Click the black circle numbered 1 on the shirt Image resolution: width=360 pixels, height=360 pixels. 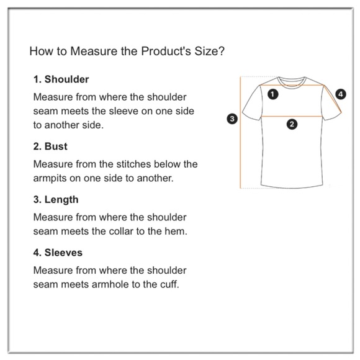pyautogui.click(x=272, y=94)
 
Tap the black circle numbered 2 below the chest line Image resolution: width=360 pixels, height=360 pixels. pyautogui.click(x=292, y=124)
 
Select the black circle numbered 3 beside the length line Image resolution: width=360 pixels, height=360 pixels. pyautogui.click(x=232, y=119)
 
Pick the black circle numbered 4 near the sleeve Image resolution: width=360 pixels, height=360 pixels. pyautogui.click(x=341, y=94)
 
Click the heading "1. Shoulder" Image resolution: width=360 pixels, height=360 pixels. pyautogui.click(x=61, y=79)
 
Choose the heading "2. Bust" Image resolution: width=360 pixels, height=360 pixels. pyautogui.click(x=50, y=146)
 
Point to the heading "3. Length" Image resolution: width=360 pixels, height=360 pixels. pyautogui.click(x=56, y=199)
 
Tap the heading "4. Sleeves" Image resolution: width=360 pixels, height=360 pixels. pyautogui.click(x=58, y=253)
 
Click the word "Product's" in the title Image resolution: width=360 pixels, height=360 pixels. pyautogui.click(x=166, y=51)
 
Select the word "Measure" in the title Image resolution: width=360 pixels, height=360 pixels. pyautogui.click(x=94, y=51)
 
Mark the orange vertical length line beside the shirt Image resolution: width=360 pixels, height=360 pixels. pyautogui.click(x=240, y=132)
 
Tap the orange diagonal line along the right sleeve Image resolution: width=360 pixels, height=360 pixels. pyautogui.click(x=333, y=99)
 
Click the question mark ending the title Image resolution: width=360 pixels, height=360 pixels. pyautogui.click(x=222, y=51)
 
